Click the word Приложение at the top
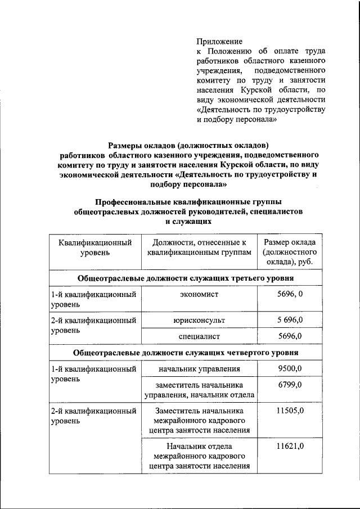click(x=219, y=42)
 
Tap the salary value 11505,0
click(x=290, y=411)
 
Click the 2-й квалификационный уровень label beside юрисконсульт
click(x=93, y=325)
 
